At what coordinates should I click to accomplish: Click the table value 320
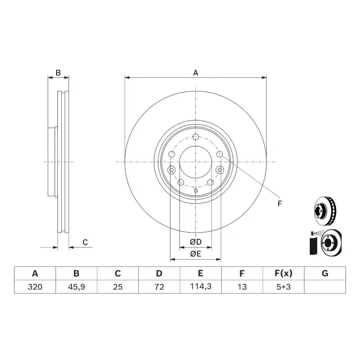tap(35, 287)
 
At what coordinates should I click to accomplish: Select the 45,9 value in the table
tap(76, 287)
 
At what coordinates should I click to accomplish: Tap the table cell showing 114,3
tap(201, 287)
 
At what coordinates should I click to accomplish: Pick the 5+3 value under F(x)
tap(283, 287)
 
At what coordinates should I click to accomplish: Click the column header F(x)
tap(283, 273)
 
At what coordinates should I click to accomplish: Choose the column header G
tap(325, 273)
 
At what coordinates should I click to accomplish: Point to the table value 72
tap(159, 287)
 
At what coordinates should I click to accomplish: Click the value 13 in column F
tap(242, 287)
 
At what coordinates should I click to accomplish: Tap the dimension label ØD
tap(196, 242)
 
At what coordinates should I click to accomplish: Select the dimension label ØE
tap(196, 254)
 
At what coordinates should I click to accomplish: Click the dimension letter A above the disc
tap(196, 73)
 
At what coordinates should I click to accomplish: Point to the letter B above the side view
tap(58, 73)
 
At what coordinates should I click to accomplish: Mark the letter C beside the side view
tap(85, 242)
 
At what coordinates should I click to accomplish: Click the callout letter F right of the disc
tap(279, 203)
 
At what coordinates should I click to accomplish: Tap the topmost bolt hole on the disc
tap(195, 137)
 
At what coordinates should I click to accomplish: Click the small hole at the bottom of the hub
tap(196, 190)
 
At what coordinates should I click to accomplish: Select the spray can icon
tap(313, 243)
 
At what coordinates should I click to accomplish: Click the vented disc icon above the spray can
tap(325, 211)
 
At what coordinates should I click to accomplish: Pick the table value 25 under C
tap(118, 287)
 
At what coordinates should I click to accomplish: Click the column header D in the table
tap(159, 273)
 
